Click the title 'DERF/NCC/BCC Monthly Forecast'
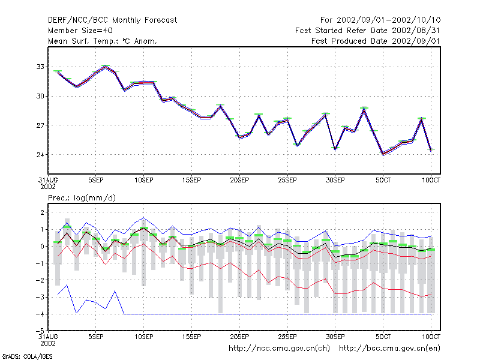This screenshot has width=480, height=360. tap(112, 20)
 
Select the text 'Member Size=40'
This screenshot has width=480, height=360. tap(80, 31)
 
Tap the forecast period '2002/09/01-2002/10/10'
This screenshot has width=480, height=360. tap(388, 20)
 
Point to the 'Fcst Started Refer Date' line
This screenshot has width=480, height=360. tap(367, 31)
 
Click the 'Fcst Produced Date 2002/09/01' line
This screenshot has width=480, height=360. tap(376, 41)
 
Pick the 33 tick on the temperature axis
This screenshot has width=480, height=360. tap(40, 67)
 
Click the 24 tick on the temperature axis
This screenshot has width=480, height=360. tap(40, 155)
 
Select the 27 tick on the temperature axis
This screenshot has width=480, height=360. tap(40, 125)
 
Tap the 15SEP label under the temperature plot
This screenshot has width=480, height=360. tap(191, 181)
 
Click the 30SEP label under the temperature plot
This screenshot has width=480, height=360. tap(335, 181)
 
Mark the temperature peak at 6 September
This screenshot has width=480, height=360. tap(106, 67)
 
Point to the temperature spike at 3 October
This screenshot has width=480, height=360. tap(364, 109)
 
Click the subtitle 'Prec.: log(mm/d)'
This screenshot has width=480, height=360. tap(82, 198)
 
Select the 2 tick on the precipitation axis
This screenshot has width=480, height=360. tap(42, 212)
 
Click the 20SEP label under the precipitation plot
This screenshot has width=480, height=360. tap(239, 337)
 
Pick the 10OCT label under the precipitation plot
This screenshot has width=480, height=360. tap(431, 337)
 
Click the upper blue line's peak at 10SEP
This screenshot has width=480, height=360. tap(143, 218)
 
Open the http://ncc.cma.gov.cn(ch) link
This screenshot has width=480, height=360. tap(279, 349)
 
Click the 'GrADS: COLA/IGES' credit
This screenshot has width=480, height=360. tap(27, 356)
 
